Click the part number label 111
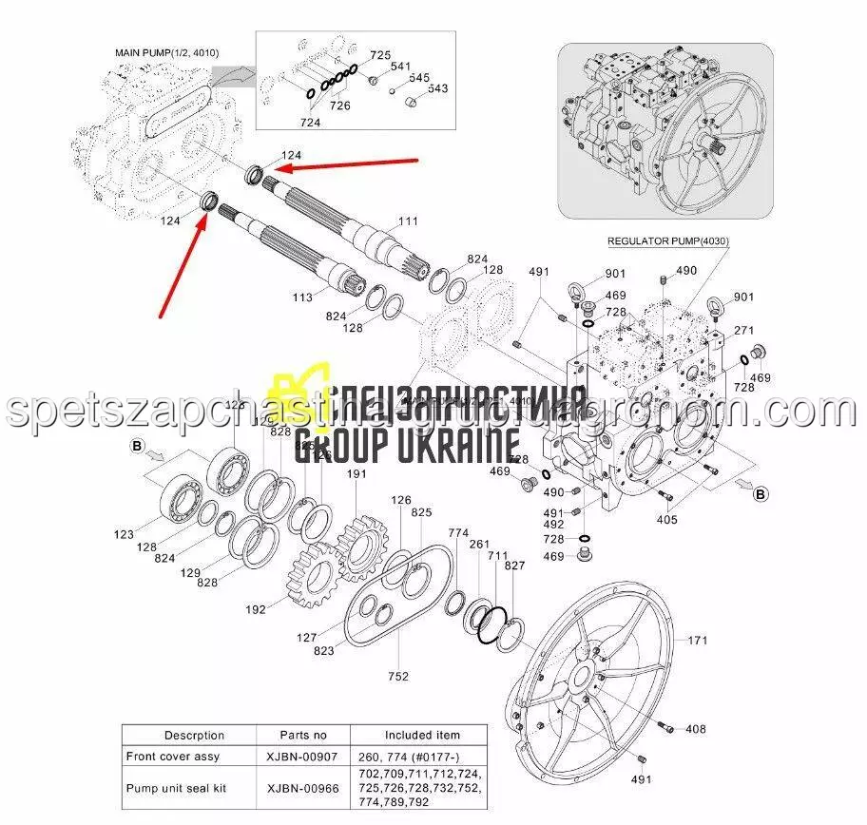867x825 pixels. pos(408,221)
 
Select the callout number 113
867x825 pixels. pos(302,297)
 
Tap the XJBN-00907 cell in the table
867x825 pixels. pos(303,757)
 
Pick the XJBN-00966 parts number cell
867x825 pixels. pos(303,788)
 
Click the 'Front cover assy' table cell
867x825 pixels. pos(173,757)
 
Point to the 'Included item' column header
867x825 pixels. pos(422,735)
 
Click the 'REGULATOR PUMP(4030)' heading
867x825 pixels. pos(668,242)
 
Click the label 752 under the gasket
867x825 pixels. pos(398,676)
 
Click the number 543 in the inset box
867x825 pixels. pos(437,88)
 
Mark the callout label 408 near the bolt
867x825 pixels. pos(696,729)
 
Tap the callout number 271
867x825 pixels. pos(743,330)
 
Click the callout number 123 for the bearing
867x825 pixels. pos(125,535)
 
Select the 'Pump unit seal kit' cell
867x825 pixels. pos(174,788)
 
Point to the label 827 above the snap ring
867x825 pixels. pos(515,566)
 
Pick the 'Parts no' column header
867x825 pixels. pos(303,735)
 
